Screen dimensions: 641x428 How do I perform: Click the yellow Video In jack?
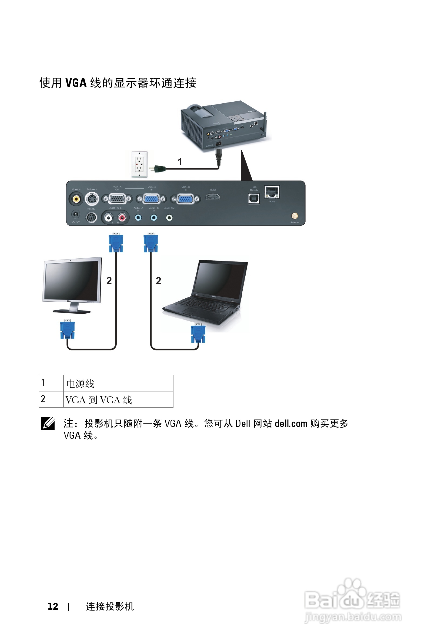point(76,199)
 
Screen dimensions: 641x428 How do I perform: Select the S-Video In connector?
point(92,199)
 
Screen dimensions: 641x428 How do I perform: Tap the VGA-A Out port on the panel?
point(117,199)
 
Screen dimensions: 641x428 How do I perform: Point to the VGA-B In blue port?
point(185,199)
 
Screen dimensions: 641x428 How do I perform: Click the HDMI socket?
point(213,196)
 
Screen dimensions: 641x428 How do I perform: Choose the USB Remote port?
point(254,199)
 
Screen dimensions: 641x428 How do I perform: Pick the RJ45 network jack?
point(272,192)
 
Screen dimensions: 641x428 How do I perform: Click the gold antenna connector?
point(295,216)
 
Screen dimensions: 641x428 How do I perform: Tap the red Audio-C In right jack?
point(122,217)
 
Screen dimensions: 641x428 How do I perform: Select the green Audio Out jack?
point(169,217)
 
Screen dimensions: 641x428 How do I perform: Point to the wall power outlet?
point(139,164)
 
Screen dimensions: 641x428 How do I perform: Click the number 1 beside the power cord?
point(180,162)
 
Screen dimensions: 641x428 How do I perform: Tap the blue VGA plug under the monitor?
point(68,329)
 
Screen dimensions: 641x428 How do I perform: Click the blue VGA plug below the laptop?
point(198,333)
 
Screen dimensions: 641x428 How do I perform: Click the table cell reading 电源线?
point(118,383)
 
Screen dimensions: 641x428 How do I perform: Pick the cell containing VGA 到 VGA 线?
point(118,400)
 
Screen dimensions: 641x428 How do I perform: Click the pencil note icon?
point(48,424)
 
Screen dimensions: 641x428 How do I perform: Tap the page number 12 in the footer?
point(53,606)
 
